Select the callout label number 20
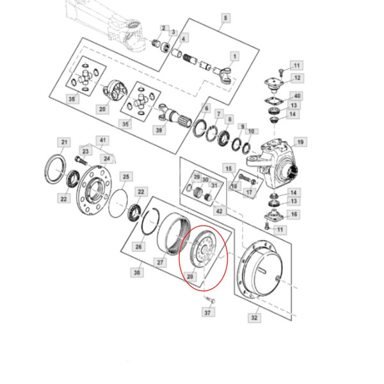click(x=102, y=109)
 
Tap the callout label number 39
click(x=158, y=130)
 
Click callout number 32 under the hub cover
click(x=254, y=317)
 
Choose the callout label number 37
click(x=207, y=312)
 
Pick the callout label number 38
click(x=136, y=272)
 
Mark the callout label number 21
click(x=63, y=141)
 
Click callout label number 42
click(x=218, y=211)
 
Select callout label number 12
click(x=297, y=77)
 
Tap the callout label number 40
click(x=297, y=96)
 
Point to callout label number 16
click(x=294, y=214)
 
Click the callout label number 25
click(x=126, y=176)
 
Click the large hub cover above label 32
click(x=262, y=269)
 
